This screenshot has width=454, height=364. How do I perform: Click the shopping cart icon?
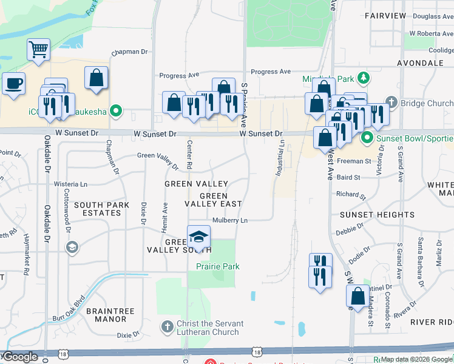click(x=38, y=49)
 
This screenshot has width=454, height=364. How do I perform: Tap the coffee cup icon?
click(x=13, y=84)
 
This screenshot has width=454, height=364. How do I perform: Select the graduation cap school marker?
click(x=198, y=237)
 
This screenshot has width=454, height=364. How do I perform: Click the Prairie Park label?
click(x=217, y=266)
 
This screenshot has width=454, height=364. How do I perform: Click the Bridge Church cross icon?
click(x=391, y=103)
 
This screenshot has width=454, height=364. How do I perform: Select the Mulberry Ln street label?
click(x=230, y=220)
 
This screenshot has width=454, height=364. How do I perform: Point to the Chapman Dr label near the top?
click(x=130, y=52)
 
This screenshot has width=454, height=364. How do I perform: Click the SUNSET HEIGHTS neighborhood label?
click(x=377, y=215)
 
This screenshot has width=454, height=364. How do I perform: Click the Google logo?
click(x=19, y=357)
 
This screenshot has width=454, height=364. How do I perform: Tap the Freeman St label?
click(x=353, y=161)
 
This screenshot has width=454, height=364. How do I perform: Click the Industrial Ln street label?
click(x=280, y=159)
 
